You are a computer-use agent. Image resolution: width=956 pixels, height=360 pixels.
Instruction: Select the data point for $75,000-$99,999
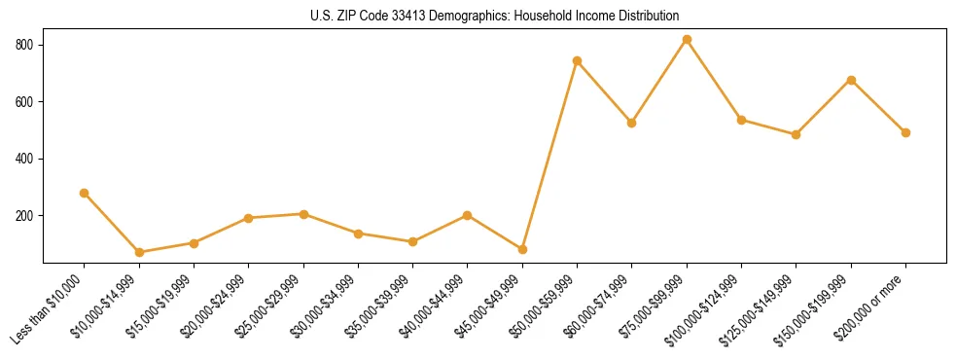[687, 40]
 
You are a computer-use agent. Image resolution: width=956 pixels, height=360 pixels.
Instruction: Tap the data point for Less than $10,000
[84, 193]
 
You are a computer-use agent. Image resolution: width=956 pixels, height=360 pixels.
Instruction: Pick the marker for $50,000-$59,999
[577, 60]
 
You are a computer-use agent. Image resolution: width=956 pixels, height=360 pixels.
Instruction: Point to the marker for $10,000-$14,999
[139, 252]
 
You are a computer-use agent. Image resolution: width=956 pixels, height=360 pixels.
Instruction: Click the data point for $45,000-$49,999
[522, 249]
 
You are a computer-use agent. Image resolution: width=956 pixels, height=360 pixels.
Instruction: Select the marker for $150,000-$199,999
[851, 80]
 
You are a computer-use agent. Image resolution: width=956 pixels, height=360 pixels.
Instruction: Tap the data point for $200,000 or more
[905, 132]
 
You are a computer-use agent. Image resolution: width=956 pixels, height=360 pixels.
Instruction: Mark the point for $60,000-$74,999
[631, 123]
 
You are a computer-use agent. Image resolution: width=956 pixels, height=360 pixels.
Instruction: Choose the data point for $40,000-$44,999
[468, 215]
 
